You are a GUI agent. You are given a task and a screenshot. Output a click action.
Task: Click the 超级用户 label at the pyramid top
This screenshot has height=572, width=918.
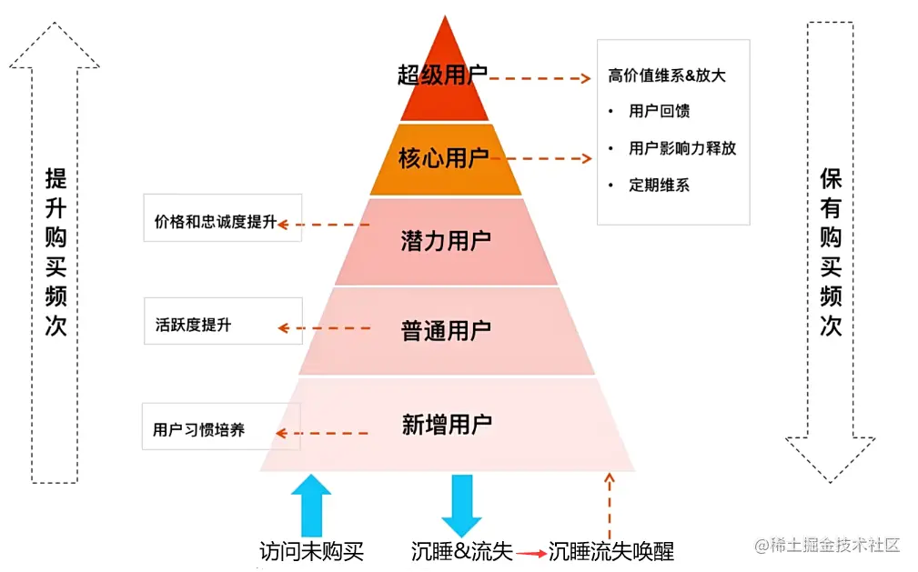pos(443,75)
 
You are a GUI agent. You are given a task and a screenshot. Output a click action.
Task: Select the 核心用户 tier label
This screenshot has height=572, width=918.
pos(443,159)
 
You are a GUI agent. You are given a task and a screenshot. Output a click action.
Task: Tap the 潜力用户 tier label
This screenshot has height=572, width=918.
pos(445,241)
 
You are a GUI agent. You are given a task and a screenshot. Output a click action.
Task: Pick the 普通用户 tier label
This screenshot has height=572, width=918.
pos(445,330)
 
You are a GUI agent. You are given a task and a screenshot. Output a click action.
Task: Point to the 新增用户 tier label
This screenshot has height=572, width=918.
pos(446,424)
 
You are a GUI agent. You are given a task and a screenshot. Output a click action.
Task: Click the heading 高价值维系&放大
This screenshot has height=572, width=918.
pos(667,76)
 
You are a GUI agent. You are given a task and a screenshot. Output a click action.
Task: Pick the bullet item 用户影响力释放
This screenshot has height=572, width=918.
pos(681,148)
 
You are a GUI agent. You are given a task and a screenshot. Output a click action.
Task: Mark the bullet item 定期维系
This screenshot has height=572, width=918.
pos(659,185)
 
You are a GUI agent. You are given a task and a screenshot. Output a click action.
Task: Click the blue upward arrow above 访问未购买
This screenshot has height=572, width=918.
pos(312,505)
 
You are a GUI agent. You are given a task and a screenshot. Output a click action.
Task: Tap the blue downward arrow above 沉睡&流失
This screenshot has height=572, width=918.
pos(461,505)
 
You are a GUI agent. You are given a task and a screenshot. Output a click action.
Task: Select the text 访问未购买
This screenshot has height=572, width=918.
pos(311,551)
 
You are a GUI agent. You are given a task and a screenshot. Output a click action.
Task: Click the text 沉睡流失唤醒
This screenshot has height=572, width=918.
pos(610,551)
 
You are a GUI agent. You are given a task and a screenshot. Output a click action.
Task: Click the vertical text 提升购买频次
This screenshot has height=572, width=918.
pos(56,253)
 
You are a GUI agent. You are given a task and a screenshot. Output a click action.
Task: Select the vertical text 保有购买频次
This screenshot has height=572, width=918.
pos(830,252)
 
